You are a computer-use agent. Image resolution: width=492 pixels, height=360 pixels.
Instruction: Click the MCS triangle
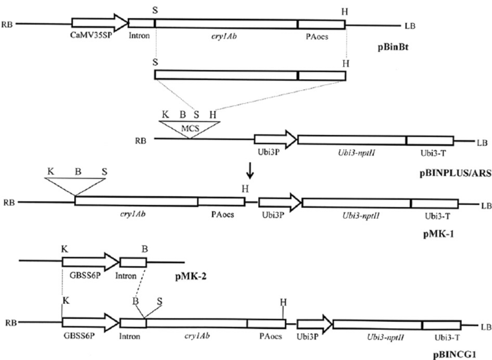[x=189, y=128]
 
